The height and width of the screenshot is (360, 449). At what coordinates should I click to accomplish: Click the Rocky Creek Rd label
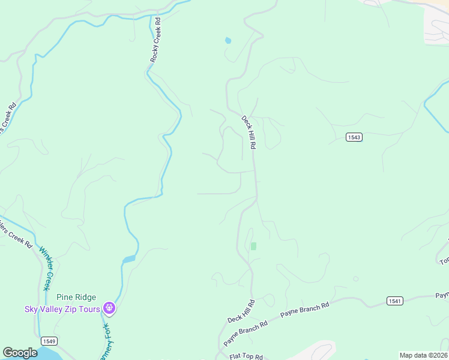(157, 40)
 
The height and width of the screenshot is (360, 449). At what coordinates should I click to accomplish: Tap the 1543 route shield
(354, 137)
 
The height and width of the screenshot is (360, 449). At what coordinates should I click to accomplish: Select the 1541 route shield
(394, 301)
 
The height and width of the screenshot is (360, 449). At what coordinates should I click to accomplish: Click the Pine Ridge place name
(76, 297)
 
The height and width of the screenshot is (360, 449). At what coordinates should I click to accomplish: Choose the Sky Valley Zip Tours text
(62, 309)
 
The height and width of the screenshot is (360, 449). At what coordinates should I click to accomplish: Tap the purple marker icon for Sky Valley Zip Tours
(109, 308)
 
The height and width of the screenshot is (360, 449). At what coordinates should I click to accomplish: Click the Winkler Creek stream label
(46, 268)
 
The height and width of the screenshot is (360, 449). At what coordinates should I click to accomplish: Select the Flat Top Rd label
(246, 356)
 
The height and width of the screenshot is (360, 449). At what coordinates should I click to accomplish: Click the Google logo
(20, 353)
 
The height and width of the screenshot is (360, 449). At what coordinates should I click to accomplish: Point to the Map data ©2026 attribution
(423, 355)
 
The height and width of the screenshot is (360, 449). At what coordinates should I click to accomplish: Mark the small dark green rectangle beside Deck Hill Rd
(253, 246)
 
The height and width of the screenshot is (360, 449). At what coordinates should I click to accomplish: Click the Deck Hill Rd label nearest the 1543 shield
(249, 132)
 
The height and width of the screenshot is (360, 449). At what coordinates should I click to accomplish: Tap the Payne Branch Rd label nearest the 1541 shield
(305, 313)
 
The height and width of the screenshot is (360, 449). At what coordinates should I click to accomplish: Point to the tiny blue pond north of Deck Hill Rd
(228, 41)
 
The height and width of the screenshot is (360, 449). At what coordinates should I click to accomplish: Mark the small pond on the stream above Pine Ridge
(128, 260)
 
